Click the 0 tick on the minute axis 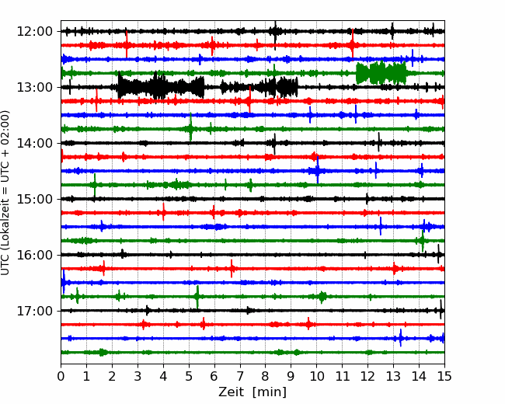click(61, 376)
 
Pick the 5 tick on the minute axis click(189, 376)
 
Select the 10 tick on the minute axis click(316, 376)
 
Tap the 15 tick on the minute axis click(444, 376)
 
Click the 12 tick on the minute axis click(367, 376)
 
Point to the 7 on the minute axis click(240, 376)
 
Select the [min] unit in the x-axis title click(270, 392)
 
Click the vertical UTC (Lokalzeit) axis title click(5, 193)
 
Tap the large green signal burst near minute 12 click(381, 73)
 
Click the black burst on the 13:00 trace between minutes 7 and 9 click(259, 87)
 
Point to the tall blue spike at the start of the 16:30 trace click(64, 282)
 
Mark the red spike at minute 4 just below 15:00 click(164, 212)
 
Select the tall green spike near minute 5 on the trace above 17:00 click(197, 297)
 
